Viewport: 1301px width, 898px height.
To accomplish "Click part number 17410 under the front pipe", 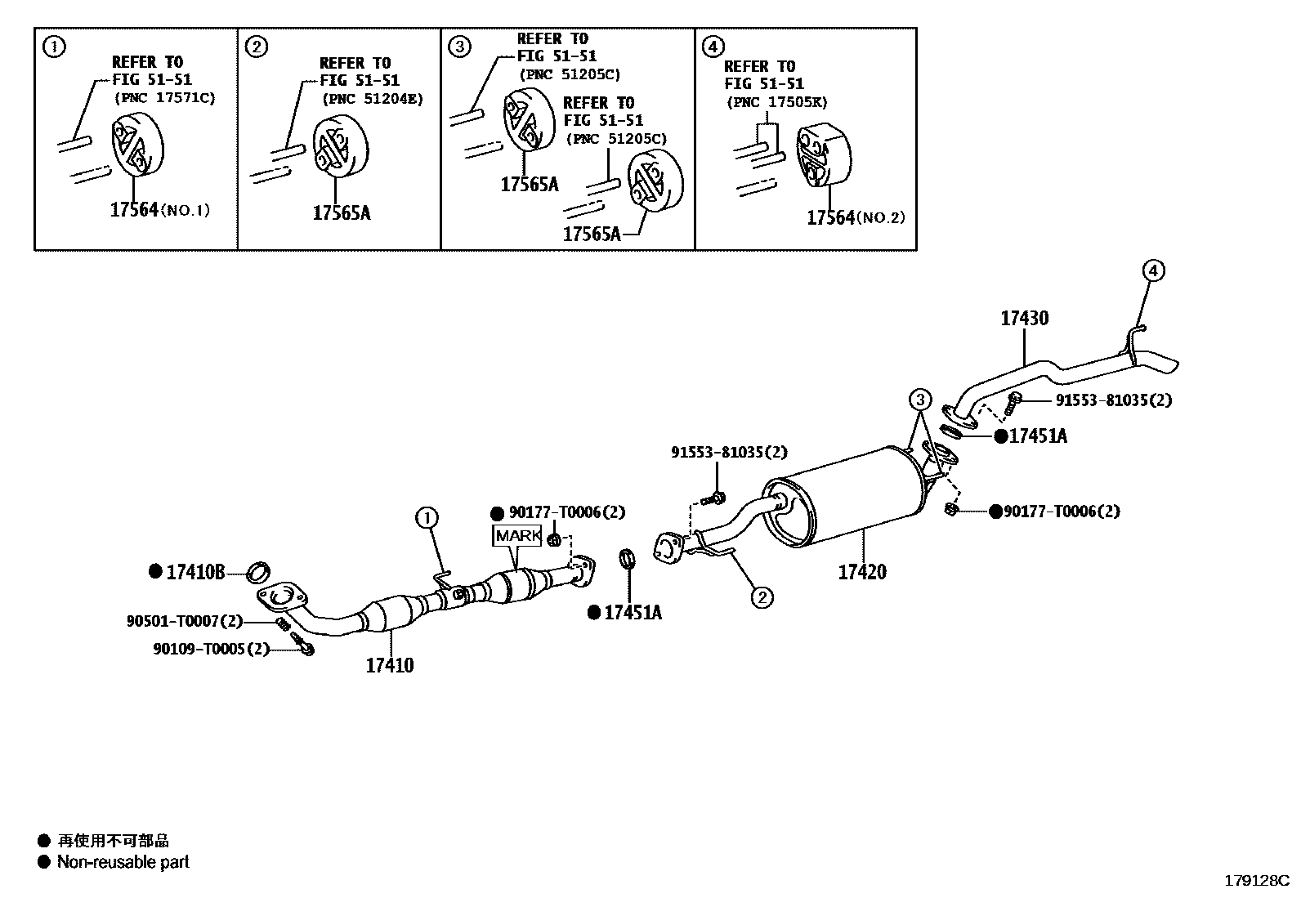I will click(x=389, y=665).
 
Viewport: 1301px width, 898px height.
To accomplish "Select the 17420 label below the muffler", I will click(x=862, y=572).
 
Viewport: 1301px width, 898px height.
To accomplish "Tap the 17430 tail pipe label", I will click(x=1024, y=319).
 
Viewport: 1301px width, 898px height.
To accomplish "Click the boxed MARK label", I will click(x=517, y=536).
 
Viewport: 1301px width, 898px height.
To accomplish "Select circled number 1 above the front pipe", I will click(x=427, y=517).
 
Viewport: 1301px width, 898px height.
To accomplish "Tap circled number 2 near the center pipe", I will click(x=762, y=598).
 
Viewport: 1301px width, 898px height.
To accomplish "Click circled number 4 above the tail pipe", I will click(x=1152, y=270).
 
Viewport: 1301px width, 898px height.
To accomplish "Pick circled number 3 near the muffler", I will click(x=920, y=400).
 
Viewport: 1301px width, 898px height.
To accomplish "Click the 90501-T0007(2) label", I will click(x=185, y=622).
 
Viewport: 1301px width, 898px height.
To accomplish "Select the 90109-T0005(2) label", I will click(x=211, y=649).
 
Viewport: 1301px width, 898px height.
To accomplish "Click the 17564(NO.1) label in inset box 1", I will click(x=159, y=210).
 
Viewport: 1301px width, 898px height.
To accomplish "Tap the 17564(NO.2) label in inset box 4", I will click(x=856, y=217).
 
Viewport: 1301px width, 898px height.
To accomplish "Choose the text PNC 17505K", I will click(x=777, y=102).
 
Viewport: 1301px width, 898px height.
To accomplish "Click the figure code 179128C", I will click(x=1255, y=881).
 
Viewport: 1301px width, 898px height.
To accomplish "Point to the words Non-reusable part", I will click(x=123, y=862).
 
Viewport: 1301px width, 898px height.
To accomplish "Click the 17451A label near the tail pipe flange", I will click(x=1037, y=436).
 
